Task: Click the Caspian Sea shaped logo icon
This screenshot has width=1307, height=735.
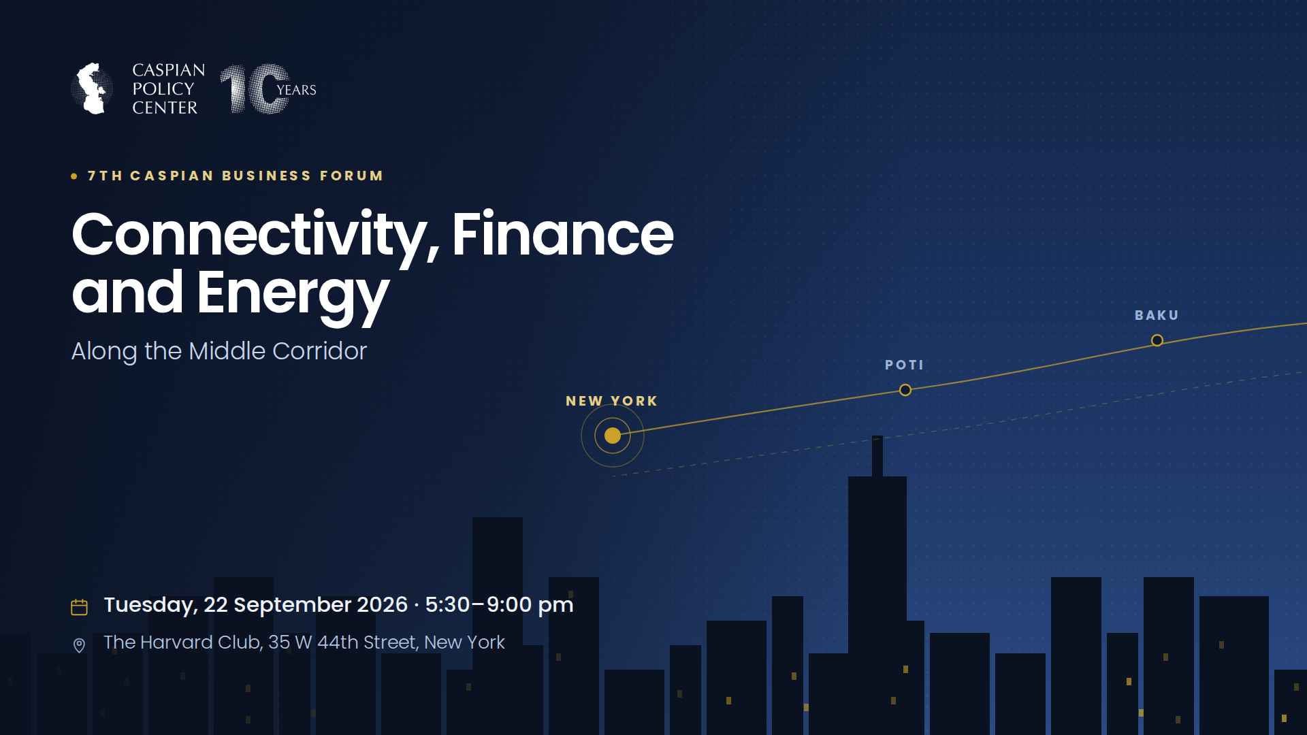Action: point(92,88)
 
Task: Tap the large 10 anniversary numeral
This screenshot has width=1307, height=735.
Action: point(255,88)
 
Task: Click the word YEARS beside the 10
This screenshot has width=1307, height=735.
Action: point(296,90)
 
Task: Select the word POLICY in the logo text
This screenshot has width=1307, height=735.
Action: point(163,89)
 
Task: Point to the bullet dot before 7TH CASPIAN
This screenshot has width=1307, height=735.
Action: point(74,176)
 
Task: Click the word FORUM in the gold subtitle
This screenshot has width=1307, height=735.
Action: point(351,176)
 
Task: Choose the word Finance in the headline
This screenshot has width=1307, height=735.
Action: point(563,234)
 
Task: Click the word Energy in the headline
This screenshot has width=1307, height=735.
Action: point(293,295)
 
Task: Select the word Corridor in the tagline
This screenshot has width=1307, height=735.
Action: point(319,351)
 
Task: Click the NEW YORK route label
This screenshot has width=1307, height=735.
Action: point(612,401)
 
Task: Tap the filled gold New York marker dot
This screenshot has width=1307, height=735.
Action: point(613,436)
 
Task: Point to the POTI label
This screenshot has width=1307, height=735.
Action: point(904,365)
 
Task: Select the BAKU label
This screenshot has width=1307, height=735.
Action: point(1157,315)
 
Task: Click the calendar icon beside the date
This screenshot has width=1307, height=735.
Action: point(79,607)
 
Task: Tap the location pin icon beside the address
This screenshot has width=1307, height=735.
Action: point(79,645)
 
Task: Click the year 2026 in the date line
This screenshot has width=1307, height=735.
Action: point(382,604)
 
